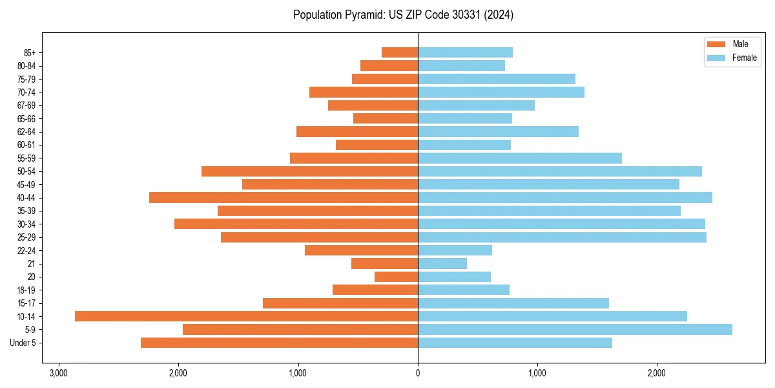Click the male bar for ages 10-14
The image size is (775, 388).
pos(246,316)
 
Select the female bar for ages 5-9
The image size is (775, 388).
pos(575,329)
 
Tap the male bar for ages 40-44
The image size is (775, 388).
pos(284,197)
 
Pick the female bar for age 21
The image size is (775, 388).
pos(442,263)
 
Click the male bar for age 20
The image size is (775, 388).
pos(396,277)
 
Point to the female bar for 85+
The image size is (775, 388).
pos(465,52)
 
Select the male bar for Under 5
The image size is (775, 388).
pos(279,343)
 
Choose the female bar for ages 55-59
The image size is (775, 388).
pos(520,158)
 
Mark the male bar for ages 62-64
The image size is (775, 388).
pos(357,131)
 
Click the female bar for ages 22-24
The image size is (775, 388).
pos(455,250)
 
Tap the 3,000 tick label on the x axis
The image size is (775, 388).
pos(59,373)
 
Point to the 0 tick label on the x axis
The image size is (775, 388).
pos(418,373)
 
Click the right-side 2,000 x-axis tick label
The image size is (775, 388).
pos(656,373)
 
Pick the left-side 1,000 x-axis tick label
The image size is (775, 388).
pos(298,373)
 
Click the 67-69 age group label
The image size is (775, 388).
pos(26,105)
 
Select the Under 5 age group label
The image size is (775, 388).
pos(23,343)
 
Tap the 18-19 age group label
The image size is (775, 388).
pos(26,290)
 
